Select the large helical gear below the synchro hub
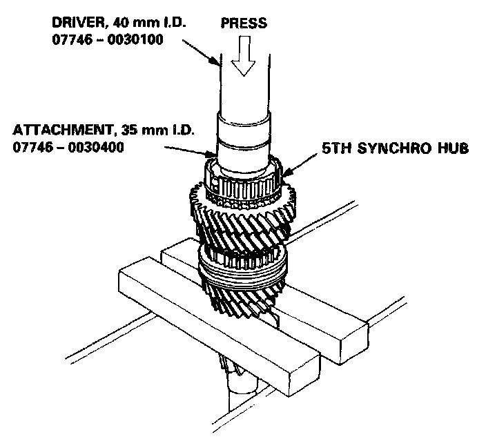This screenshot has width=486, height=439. click(x=245, y=214)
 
